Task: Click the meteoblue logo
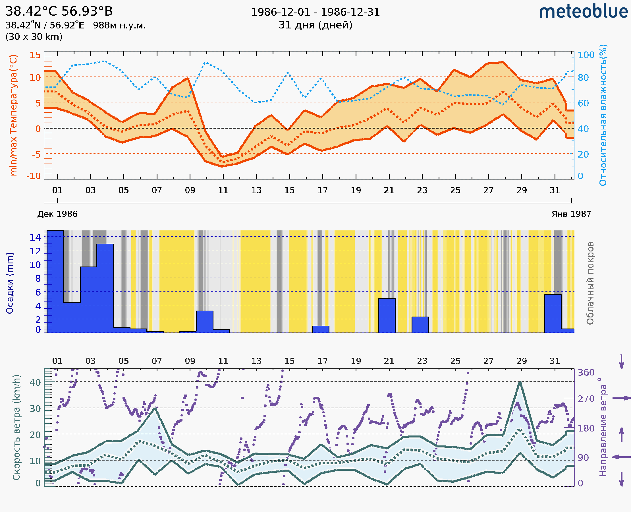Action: pyautogui.click(x=584, y=12)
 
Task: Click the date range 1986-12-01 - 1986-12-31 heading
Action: pyautogui.click(x=315, y=12)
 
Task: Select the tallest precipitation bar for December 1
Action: pyautogui.click(x=55, y=282)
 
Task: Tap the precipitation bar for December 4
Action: pyautogui.click(x=105, y=288)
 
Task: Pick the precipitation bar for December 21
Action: pyautogui.click(x=387, y=315)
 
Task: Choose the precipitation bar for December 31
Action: pyautogui.click(x=553, y=313)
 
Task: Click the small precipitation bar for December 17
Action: pyautogui.click(x=321, y=329)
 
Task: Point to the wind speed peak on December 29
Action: pyautogui.click(x=520, y=382)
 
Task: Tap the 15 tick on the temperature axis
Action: pyautogui.click(x=35, y=55)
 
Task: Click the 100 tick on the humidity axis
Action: pyautogui.click(x=586, y=55)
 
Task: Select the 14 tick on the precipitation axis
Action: pyautogui.click(x=35, y=237)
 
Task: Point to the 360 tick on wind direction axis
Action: pyautogui.click(x=586, y=373)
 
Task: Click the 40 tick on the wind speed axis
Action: pyautogui.click(x=35, y=383)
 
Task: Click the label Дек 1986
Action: pyautogui.click(x=57, y=214)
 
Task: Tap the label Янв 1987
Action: pyautogui.click(x=571, y=214)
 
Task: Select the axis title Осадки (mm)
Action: pyautogui.click(x=10, y=283)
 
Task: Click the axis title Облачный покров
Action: pyautogui.click(x=590, y=283)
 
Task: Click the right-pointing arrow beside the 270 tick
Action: pyautogui.click(x=621, y=398)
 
